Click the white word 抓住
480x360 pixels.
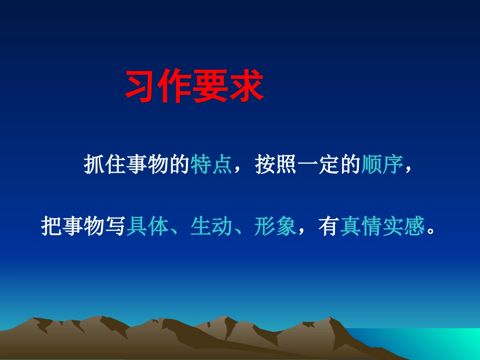[105, 166]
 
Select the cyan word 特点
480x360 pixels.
[211, 166]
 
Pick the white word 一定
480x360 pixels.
[318, 166]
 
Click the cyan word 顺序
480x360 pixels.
[382, 166]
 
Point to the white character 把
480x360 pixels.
[51, 228]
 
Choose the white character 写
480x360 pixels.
[115, 228]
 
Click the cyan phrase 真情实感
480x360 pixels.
[382, 228]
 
